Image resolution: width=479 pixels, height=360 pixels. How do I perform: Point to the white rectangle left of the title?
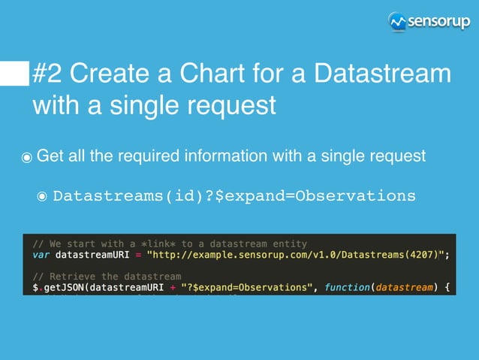click(x=14, y=74)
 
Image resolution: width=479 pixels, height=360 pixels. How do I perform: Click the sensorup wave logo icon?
click(x=397, y=22)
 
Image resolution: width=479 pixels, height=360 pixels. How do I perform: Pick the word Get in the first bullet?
click(x=50, y=156)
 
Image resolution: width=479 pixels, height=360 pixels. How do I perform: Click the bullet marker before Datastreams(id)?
click(x=42, y=197)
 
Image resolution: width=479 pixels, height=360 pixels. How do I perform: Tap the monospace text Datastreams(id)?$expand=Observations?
click(x=233, y=196)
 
